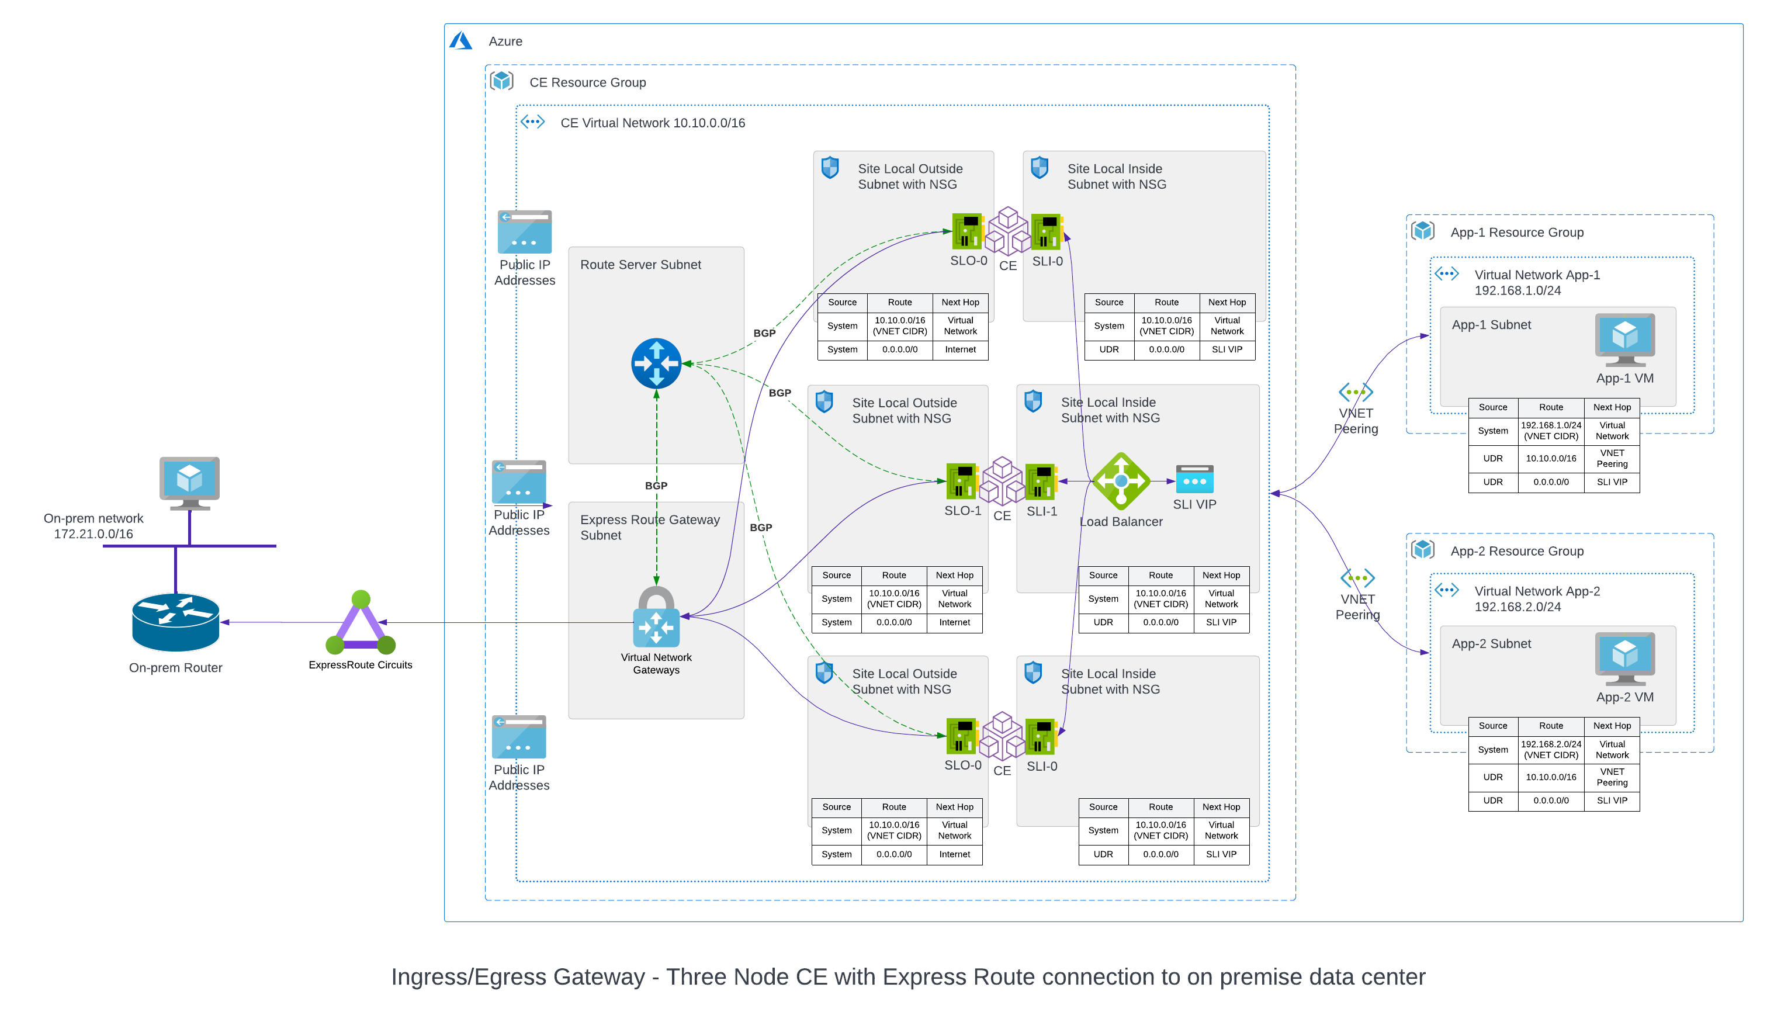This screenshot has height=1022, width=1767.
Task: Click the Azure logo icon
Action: [460, 41]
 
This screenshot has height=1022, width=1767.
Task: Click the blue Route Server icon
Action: [656, 363]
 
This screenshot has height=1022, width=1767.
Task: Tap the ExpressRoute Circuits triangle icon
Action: [361, 624]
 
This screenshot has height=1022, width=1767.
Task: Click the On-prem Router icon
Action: [175, 622]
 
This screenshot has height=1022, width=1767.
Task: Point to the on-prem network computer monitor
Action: [189, 482]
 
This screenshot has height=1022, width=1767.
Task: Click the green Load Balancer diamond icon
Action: [1121, 481]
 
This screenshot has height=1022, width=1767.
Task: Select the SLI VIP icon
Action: [1194, 480]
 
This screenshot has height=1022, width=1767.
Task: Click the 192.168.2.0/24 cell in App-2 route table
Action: [1550, 749]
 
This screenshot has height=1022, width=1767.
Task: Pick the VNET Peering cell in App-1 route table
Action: [1612, 459]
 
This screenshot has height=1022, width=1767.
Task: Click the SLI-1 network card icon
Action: [1041, 481]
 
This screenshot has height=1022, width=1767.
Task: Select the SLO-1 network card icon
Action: [962, 481]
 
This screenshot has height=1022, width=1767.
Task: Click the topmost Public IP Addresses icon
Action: [525, 232]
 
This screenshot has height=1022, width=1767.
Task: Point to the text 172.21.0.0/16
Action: [93, 534]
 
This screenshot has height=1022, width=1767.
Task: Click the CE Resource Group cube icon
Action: [501, 81]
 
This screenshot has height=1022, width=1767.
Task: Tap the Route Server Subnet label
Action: [640, 264]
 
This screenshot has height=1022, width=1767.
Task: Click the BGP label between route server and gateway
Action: [656, 485]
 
